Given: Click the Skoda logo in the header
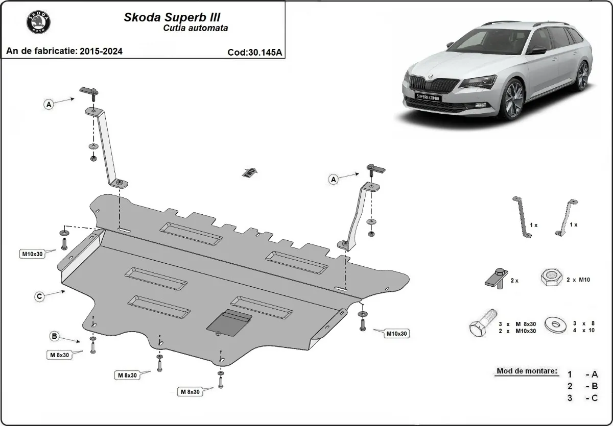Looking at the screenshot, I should coord(39,23).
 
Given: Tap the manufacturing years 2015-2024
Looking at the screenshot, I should coord(101,51).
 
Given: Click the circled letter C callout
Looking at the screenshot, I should coord(39,295).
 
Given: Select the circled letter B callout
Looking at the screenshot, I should coord(54,336).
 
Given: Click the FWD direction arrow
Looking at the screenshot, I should coord(249,172).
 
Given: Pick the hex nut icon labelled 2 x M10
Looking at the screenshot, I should coord(550,279).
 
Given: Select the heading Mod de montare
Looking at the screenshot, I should coord(527,371).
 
